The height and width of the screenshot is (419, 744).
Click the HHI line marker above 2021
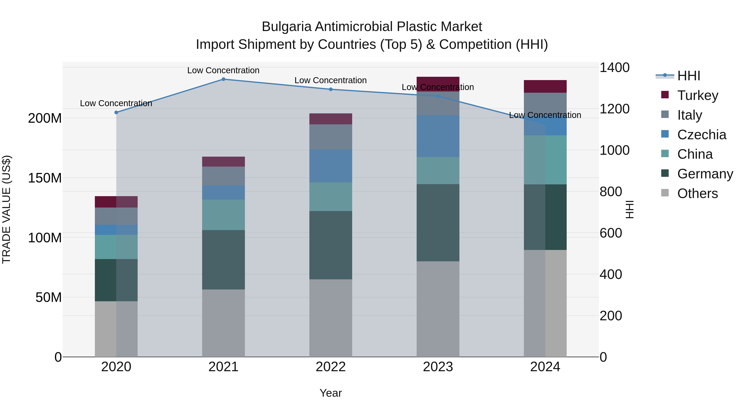223,79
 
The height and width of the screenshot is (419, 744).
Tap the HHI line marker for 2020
116,113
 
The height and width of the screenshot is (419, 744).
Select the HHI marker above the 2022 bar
331,89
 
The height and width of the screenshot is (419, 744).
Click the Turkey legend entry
697,95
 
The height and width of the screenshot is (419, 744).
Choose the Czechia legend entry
701,135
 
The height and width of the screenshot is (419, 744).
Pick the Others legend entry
697,193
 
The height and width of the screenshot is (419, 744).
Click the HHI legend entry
689,76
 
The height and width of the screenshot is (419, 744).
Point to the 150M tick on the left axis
45,178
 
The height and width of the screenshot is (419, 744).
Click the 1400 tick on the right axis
614,68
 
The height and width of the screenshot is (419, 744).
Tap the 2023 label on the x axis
438,367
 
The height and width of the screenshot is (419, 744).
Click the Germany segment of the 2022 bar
331,245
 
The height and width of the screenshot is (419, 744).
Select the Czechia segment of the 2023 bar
438,136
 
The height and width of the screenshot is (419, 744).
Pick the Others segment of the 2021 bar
223,323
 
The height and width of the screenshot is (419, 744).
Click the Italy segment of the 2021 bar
223,176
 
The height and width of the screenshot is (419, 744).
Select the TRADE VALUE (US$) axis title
7,209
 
